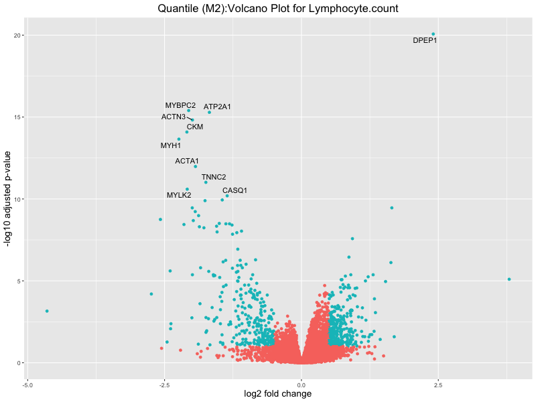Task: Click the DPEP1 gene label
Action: click(425, 41)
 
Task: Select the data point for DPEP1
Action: click(433, 34)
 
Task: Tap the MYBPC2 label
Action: click(180, 105)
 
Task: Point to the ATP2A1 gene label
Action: click(217, 107)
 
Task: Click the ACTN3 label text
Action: click(174, 117)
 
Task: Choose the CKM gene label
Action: click(195, 127)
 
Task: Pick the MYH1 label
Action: click(171, 145)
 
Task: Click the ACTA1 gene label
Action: click(187, 161)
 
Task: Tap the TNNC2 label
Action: click(214, 177)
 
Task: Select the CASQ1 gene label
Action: click(234, 190)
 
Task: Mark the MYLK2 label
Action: click(179, 196)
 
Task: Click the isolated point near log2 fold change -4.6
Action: click(47, 311)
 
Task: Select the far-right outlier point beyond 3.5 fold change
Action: click(509, 279)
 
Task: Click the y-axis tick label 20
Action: click(19, 35)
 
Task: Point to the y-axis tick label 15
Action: click(19, 117)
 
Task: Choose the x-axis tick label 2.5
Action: click(438, 385)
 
